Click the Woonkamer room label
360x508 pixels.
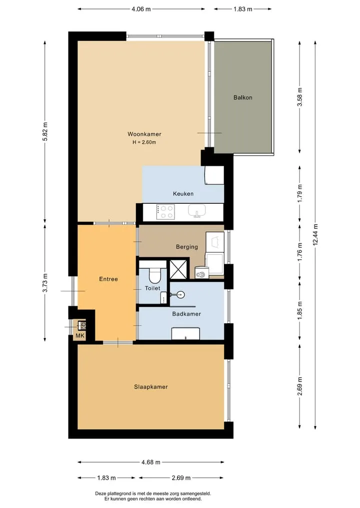pyautogui.click(x=144, y=134)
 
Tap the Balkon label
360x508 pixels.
pyautogui.click(x=243, y=97)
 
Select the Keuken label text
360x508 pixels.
pyautogui.click(x=183, y=194)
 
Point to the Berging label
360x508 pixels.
pyautogui.click(x=187, y=247)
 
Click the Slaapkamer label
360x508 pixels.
pyautogui.click(x=151, y=387)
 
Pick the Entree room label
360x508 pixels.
pyautogui.click(x=108, y=279)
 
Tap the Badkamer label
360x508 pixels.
pyautogui.click(x=186, y=314)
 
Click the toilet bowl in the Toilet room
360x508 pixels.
pyautogui.click(x=154, y=275)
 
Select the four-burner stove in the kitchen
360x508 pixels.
pyautogui.click(x=165, y=212)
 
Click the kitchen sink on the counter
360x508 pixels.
pyautogui.click(x=197, y=211)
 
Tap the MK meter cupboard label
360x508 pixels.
pyautogui.click(x=80, y=336)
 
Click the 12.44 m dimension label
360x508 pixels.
pyautogui.click(x=315, y=235)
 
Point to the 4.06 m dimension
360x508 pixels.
pyautogui.click(x=141, y=9)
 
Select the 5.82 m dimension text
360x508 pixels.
pyautogui.click(x=45, y=131)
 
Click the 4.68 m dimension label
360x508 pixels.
pyautogui.click(x=151, y=463)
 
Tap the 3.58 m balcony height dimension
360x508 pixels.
pyautogui.click(x=300, y=97)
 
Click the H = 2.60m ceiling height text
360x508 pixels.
pyautogui.click(x=144, y=142)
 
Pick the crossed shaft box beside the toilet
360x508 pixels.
pyautogui.click(x=178, y=269)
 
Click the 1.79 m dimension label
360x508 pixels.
pyautogui.click(x=300, y=193)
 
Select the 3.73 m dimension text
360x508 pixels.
pyautogui.click(x=45, y=283)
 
